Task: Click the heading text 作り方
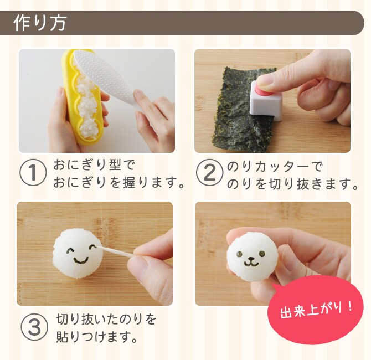[x=39, y=23]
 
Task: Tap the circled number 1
[x=33, y=173]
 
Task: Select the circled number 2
[x=210, y=173]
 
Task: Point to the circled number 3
[x=34, y=327]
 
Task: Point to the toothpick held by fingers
[x=116, y=251]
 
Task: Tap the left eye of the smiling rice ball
[x=70, y=250]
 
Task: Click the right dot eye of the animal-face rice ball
[x=262, y=254]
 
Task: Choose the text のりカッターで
[x=275, y=166]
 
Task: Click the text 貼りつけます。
[x=97, y=337]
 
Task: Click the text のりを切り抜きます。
[x=292, y=184]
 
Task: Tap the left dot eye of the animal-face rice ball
[x=239, y=254]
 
